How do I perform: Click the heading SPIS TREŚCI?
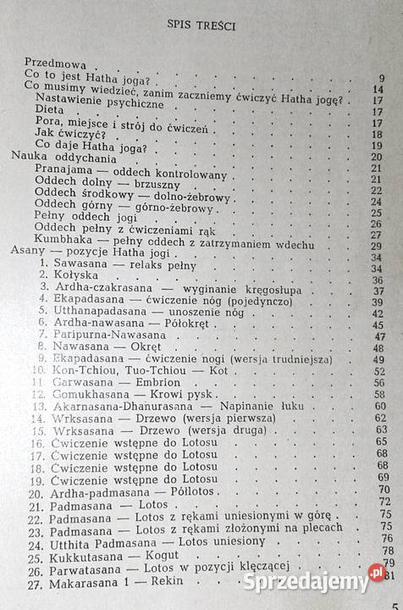pyautogui.click(x=201, y=26)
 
